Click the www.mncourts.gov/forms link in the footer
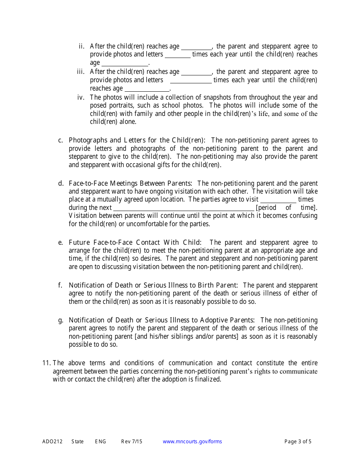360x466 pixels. (x=192, y=441)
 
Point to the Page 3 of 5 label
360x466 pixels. (x=298, y=441)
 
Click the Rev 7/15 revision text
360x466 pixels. (x=131, y=441)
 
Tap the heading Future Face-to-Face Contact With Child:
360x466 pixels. (x=135, y=242)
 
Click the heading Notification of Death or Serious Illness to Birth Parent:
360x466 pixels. (x=153, y=285)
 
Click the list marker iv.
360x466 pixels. (x=81, y=97)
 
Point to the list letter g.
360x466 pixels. (x=60, y=321)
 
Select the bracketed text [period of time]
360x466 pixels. (x=286, y=208)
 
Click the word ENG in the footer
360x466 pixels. (x=100, y=441)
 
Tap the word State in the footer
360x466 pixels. (x=77, y=441)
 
